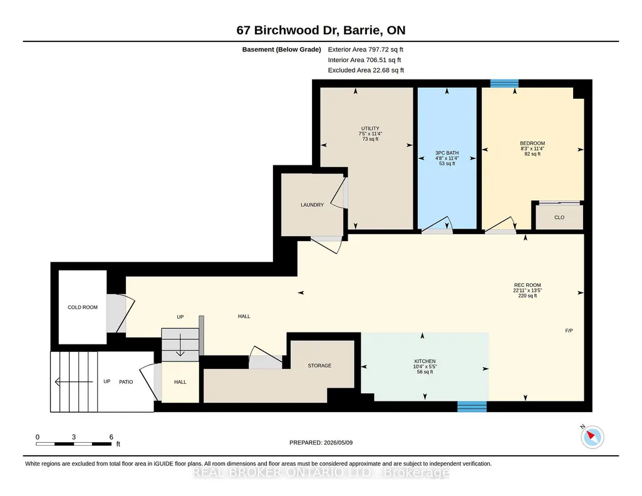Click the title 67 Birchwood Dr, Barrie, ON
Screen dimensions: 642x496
coord(321,30)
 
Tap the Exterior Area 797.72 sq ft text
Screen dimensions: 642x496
coord(366,49)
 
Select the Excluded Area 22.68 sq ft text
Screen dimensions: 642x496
coord(366,70)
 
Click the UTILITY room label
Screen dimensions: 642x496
coord(370,128)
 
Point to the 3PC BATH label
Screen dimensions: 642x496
coord(447,153)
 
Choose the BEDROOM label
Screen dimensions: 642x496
coord(532,143)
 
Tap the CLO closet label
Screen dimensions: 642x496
coord(559,217)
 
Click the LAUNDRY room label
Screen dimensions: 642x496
coord(312,205)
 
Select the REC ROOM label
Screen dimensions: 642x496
coord(527,285)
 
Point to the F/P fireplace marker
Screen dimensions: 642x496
coord(569,330)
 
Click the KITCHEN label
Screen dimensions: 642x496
coord(425,361)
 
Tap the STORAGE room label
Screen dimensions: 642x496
coord(319,366)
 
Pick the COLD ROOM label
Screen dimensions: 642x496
coord(83,307)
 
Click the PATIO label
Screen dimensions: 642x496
coord(126,382)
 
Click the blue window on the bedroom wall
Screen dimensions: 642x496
coord(504,83)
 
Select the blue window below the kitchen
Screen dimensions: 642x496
coord(472,407)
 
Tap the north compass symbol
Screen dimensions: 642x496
coord(592,437)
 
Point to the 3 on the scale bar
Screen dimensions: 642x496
coord(74,437)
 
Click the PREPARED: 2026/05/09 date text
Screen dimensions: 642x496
coord(321,442)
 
